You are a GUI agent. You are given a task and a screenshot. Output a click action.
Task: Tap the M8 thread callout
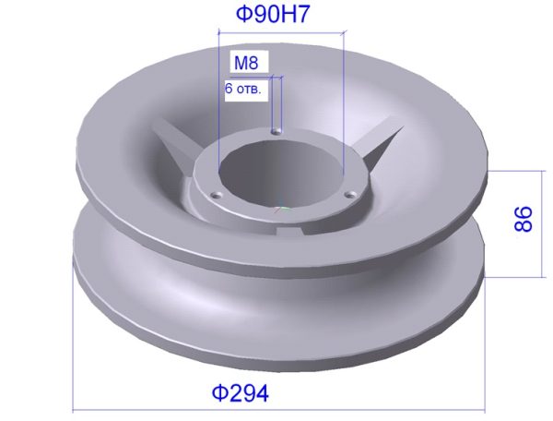click(x=246, y=63)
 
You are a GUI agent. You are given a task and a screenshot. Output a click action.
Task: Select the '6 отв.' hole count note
click(x=243, y=89)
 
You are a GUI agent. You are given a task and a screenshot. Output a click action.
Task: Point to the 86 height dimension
click(x=523, y=219)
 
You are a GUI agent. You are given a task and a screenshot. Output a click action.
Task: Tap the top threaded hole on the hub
click(x=276, y=131)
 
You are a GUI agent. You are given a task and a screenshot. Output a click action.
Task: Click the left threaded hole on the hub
click(x=216, y=195)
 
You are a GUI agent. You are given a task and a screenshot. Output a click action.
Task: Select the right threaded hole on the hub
click(x=351, y=194)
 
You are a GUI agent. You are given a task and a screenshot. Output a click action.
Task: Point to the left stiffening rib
click(x=173, y=141)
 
